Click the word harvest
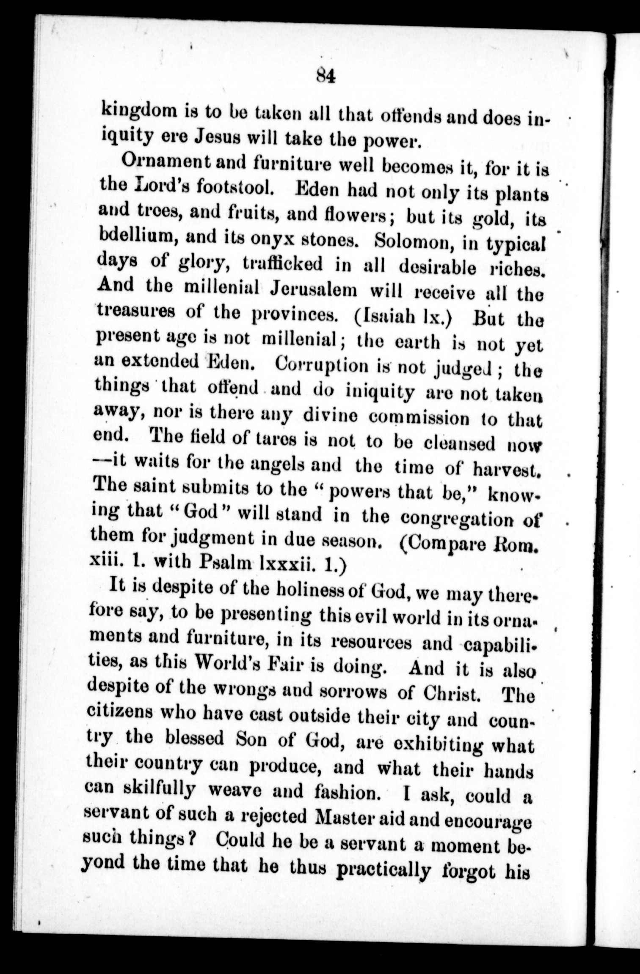[506, 468]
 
